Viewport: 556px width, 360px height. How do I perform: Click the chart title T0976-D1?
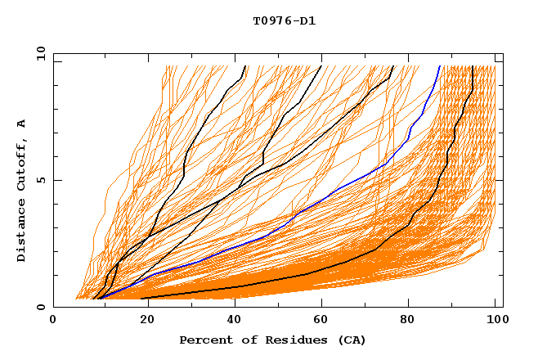284,20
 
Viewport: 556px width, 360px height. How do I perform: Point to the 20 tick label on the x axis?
142,320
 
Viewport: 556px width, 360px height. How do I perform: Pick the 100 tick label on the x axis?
495,320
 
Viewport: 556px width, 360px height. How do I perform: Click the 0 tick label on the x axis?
54,320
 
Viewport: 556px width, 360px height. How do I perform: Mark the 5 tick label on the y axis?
40,180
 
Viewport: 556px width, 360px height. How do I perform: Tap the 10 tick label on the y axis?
38,53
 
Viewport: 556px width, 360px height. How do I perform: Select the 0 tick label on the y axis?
40,307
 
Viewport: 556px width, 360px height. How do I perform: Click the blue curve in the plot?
327,197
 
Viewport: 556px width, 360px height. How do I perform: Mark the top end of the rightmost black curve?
473,66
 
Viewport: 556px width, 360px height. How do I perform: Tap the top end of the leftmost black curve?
245,66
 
